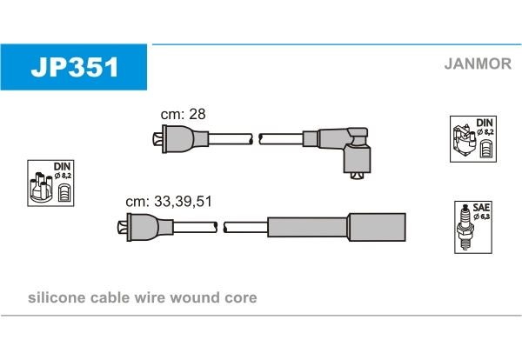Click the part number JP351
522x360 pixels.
tap(75, 67)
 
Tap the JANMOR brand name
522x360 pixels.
tap(478, 63)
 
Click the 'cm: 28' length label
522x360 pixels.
tap(183, 114)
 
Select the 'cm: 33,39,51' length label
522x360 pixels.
tap(169, 201)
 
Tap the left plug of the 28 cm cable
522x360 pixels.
tap(181, 139)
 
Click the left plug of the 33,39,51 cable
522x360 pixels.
tap(145, 227)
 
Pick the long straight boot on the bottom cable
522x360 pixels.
tap(337, 227)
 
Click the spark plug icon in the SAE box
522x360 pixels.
tap(465, 228)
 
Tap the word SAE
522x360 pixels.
tap(481, 208)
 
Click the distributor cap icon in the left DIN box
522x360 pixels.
tap(41, 187)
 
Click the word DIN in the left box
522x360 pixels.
tap(63, 166)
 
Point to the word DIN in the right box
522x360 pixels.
tap(485, 123)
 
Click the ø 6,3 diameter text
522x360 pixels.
tap(482, 217)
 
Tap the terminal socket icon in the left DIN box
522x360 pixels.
tap(64, 192)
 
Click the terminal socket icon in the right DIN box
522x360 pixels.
tap(486, 149)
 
